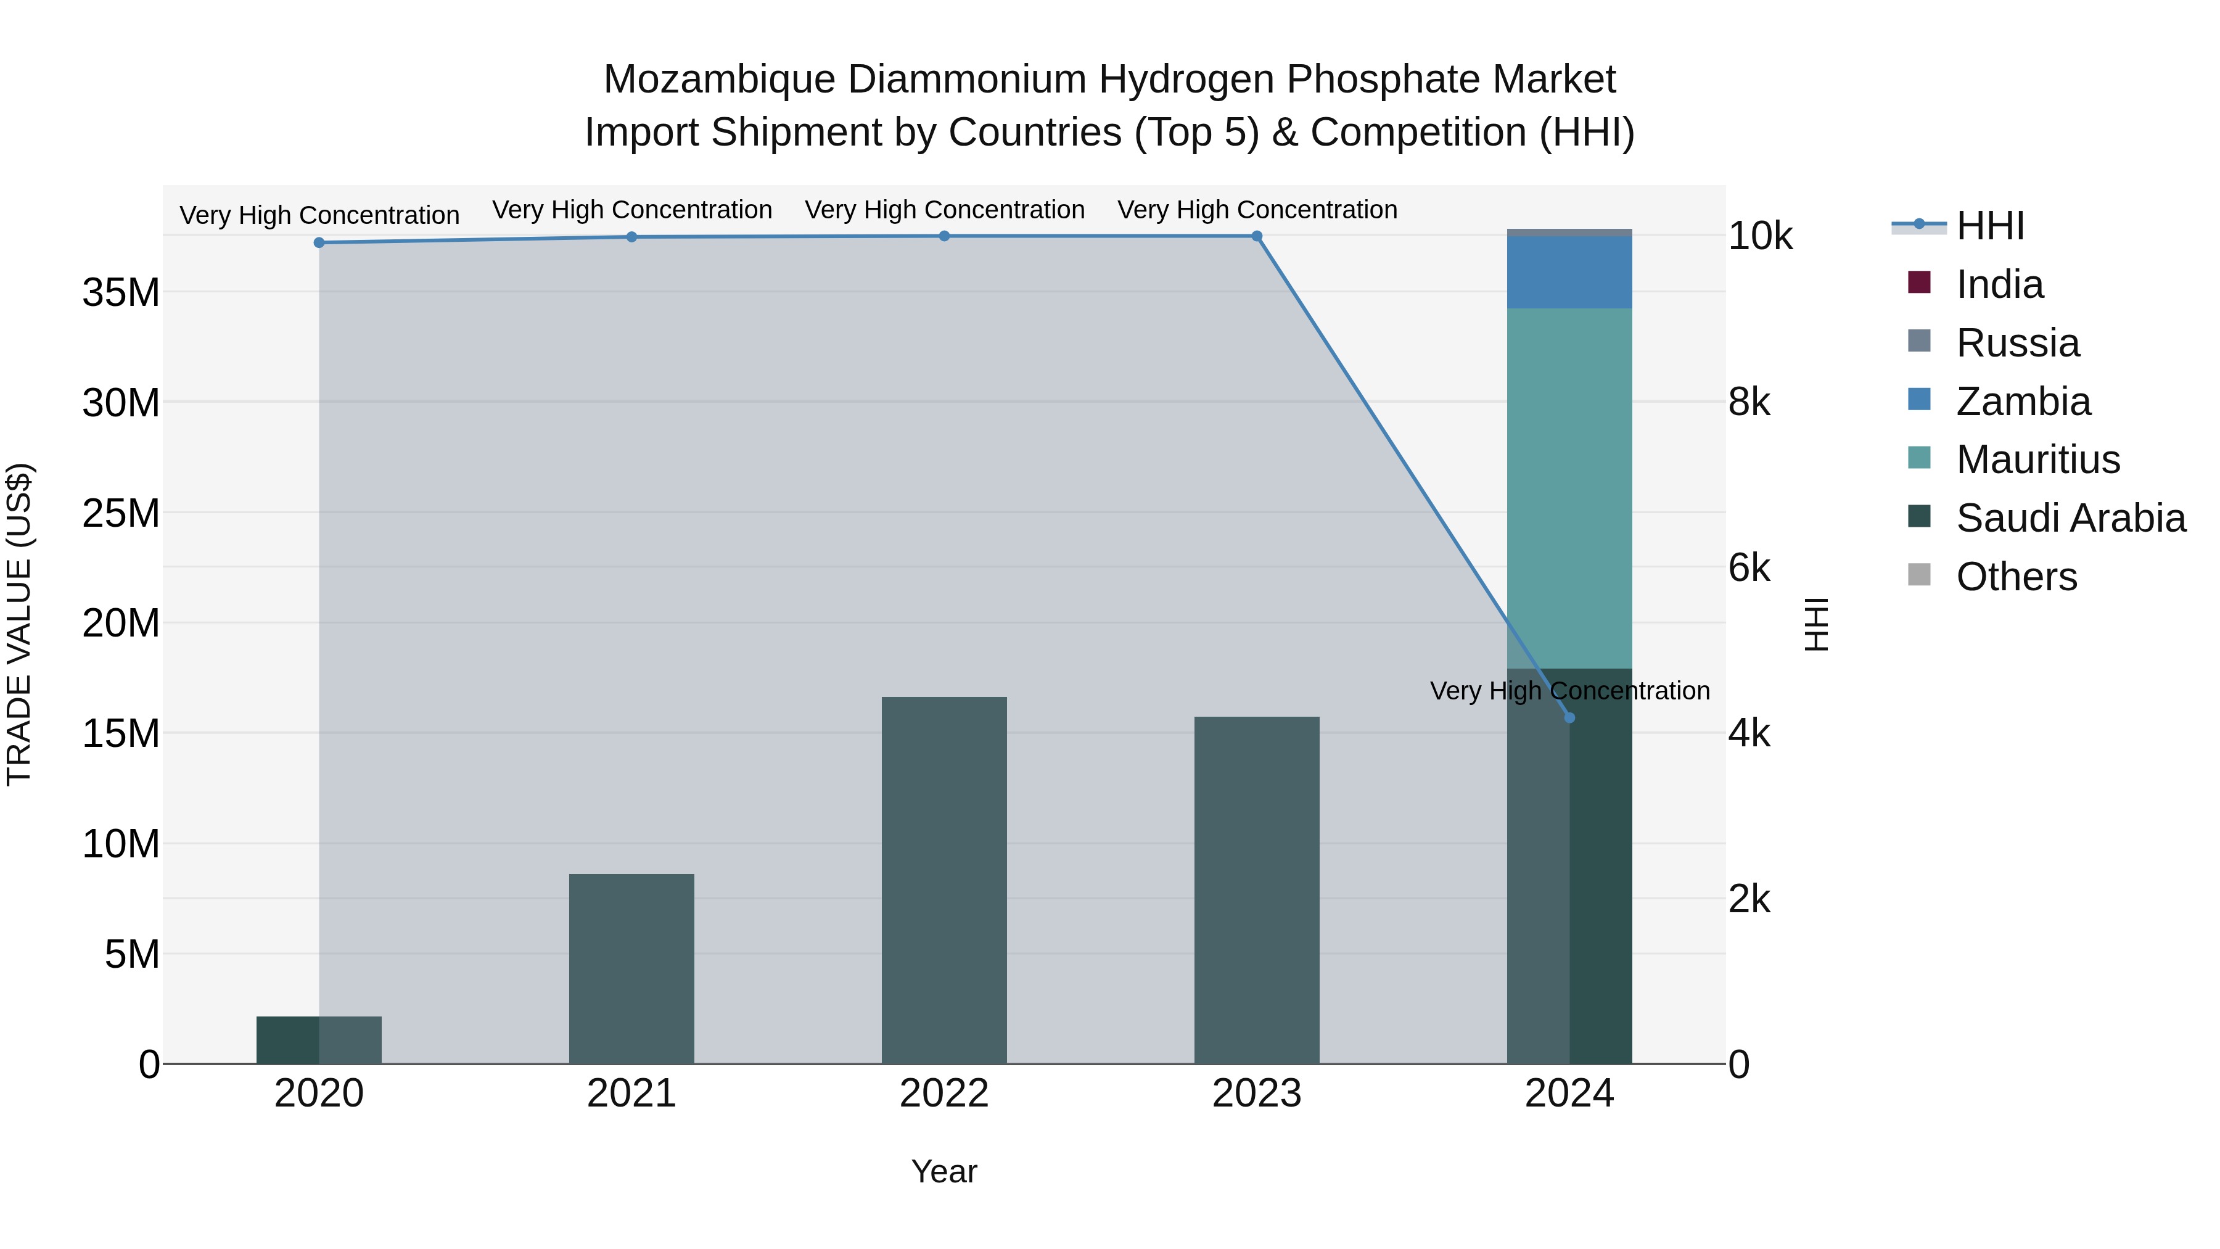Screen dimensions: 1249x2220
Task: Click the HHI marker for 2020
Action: click(319, 243)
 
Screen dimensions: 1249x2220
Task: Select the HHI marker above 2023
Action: click(1257, 236)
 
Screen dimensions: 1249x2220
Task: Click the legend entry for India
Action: click(1999, 284)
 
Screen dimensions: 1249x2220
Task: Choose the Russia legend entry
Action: click(2016, 343)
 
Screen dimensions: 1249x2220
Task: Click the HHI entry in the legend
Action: click(1989, 226)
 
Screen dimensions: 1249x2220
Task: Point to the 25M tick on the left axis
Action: click(121, 514)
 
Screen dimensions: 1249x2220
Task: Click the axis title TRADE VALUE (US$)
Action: click(19, 624)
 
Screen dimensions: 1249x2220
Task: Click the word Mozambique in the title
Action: click(719, 80)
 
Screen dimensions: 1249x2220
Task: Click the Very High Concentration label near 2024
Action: click(1569, 690)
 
